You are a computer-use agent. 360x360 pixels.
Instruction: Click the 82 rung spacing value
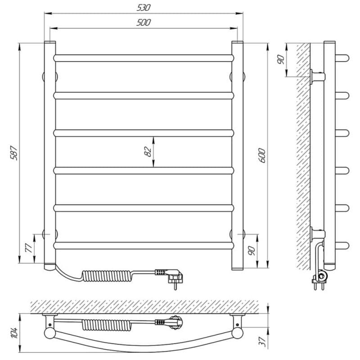[148, 152]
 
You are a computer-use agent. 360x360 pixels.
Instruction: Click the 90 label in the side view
[280, 59]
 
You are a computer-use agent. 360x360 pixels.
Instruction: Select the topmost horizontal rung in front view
[144, 58]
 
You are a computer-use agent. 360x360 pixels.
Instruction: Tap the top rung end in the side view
[343, 58]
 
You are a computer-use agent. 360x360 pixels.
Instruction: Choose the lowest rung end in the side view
[343, 245]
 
